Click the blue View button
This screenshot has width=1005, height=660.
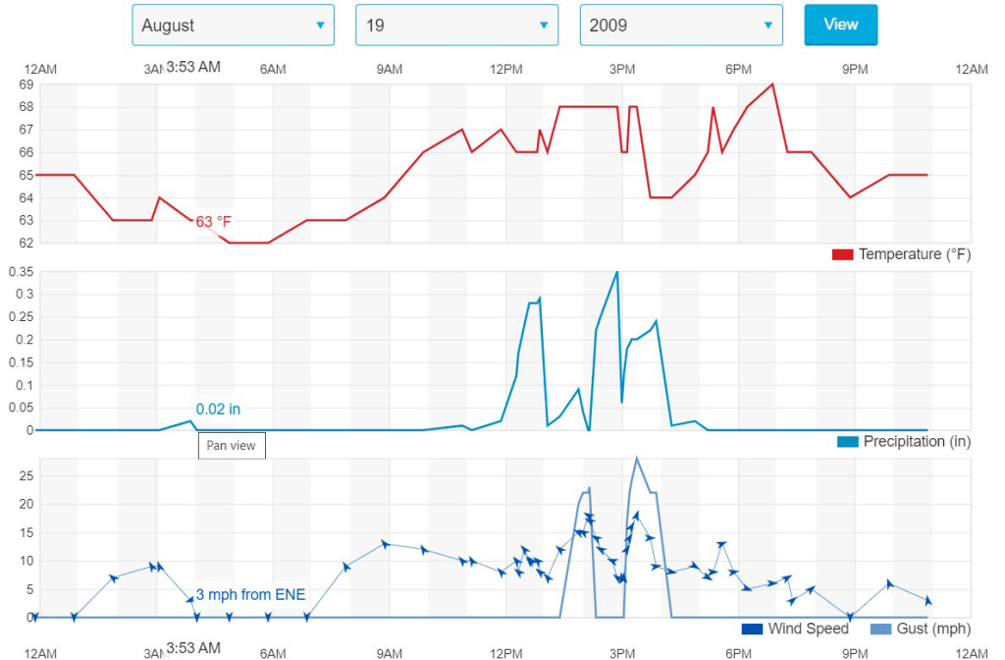point(840,25)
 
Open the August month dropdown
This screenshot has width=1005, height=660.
point(233,26)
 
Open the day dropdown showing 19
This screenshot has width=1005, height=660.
point(456,26)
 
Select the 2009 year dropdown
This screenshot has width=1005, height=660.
point(680,26)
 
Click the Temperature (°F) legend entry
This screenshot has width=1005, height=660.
point(900,254)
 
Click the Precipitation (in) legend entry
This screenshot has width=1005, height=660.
point(903,442)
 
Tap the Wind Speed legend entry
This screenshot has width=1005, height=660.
point(795,629)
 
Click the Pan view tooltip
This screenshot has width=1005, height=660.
point(232,446)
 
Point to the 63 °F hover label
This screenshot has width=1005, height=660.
point(213,222)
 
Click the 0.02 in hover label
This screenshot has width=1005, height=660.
point(218,409)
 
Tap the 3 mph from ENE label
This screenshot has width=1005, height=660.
point(250,594)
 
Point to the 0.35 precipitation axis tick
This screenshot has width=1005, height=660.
point(21,271)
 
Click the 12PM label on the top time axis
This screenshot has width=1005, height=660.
point(505,69)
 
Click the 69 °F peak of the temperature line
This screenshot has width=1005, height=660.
point(773,83)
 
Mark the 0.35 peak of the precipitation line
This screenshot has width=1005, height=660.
point(616,272)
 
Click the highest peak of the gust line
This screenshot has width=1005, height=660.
point(637,458)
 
